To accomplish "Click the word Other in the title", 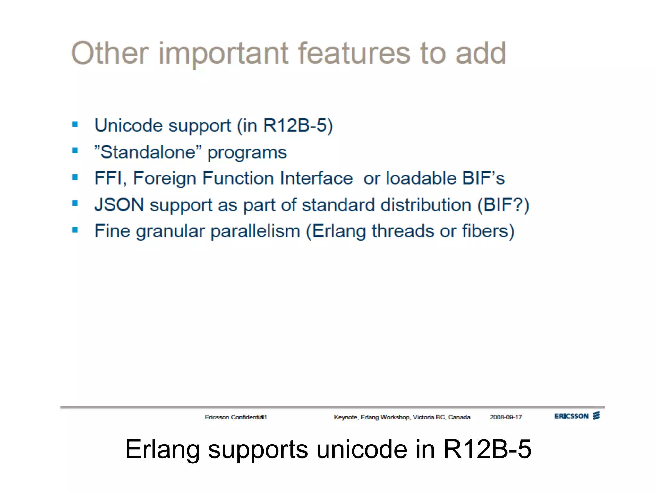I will (110, 53).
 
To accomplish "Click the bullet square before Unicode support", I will (75, 125).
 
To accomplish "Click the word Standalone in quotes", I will (148, 152).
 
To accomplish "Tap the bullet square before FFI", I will (75, 177).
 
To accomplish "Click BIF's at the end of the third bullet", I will (483, 178).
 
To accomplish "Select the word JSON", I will (119, 205).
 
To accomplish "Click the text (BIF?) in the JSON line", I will (503, 205).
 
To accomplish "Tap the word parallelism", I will (255, 231).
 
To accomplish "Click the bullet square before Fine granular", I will (75, 230).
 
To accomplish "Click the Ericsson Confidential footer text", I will (235, 417).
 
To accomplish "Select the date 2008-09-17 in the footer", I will (506, 417).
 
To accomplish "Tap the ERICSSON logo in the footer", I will (577, 416).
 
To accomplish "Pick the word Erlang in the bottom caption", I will (162, 449).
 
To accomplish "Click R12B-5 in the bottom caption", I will (487, 449).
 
